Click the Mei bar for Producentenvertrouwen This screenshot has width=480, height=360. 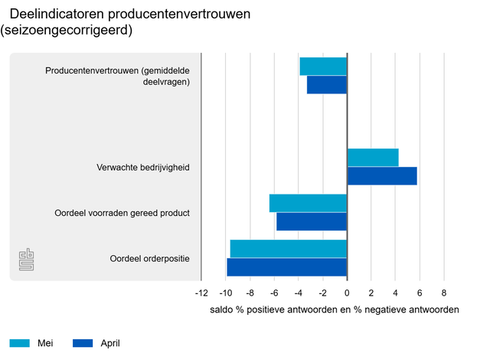coord(323,67)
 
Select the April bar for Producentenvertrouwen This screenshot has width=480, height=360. coord(327,84)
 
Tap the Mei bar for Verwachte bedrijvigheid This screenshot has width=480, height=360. coord(373,158)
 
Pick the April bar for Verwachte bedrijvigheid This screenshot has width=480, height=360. coord(382,175)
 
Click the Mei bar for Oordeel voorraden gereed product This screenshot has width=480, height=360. coord(308,203)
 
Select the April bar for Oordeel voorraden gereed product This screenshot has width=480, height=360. coord(312,221)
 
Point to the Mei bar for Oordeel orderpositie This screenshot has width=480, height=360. coord(289,249)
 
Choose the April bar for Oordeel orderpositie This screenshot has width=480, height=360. coord(287,267)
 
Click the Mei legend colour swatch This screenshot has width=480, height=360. coord(19,343)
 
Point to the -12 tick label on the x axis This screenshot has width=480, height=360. coord(201,293)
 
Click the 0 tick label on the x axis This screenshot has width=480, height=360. coord(347,293)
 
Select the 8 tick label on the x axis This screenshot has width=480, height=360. coord(443,293)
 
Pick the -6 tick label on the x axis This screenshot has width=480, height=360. coord(274,293)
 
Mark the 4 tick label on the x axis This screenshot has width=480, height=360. coord(395,293)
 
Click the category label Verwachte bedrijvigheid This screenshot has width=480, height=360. coord(143,167)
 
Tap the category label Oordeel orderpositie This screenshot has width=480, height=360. coord(150,258)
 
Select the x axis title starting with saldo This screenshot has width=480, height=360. coord(334,310)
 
